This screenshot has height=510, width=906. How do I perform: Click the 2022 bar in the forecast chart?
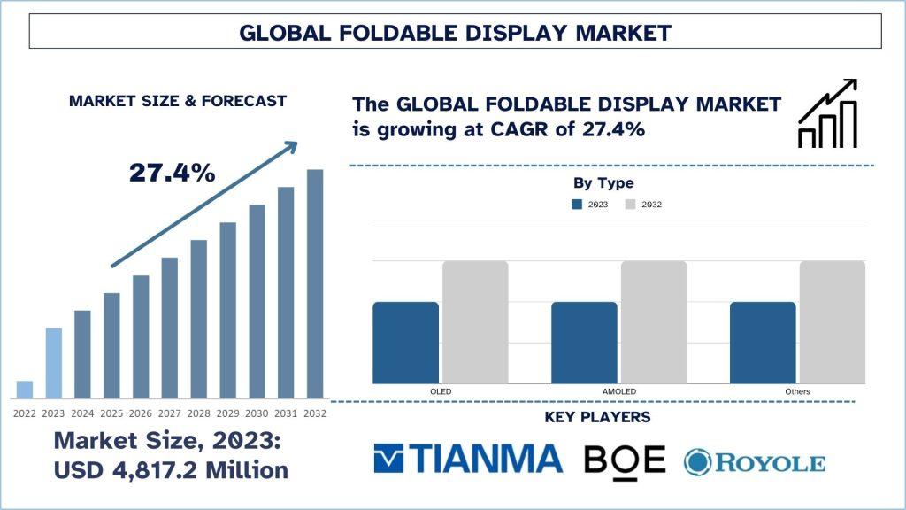point(25,390)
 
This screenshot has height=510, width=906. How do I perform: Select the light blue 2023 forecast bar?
point(54,363)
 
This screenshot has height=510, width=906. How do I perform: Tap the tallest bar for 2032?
point(315,283)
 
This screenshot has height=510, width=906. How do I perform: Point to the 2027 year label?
point(170,413)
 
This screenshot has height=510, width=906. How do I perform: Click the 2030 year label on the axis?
point(257,413)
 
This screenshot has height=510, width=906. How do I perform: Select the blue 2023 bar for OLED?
point(405,343)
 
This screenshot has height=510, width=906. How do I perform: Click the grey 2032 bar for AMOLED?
point(653,322)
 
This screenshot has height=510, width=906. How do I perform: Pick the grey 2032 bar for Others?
point(832,322)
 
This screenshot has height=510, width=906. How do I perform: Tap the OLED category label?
point(439,391)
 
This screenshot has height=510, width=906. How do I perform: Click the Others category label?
point(796,391)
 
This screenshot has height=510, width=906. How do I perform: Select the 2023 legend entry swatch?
point(577,205)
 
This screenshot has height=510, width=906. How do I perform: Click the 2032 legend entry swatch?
point(630,205)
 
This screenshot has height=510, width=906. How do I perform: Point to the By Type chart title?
point(603,183)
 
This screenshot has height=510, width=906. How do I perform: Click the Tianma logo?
point(468,459)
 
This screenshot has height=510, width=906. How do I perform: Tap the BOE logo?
point(624,459)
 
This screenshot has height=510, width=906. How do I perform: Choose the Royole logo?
point(754,461)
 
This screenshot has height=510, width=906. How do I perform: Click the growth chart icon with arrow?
point(827,113)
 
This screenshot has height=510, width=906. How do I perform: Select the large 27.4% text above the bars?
point(173,173)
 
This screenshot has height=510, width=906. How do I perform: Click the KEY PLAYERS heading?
point(597,417)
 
